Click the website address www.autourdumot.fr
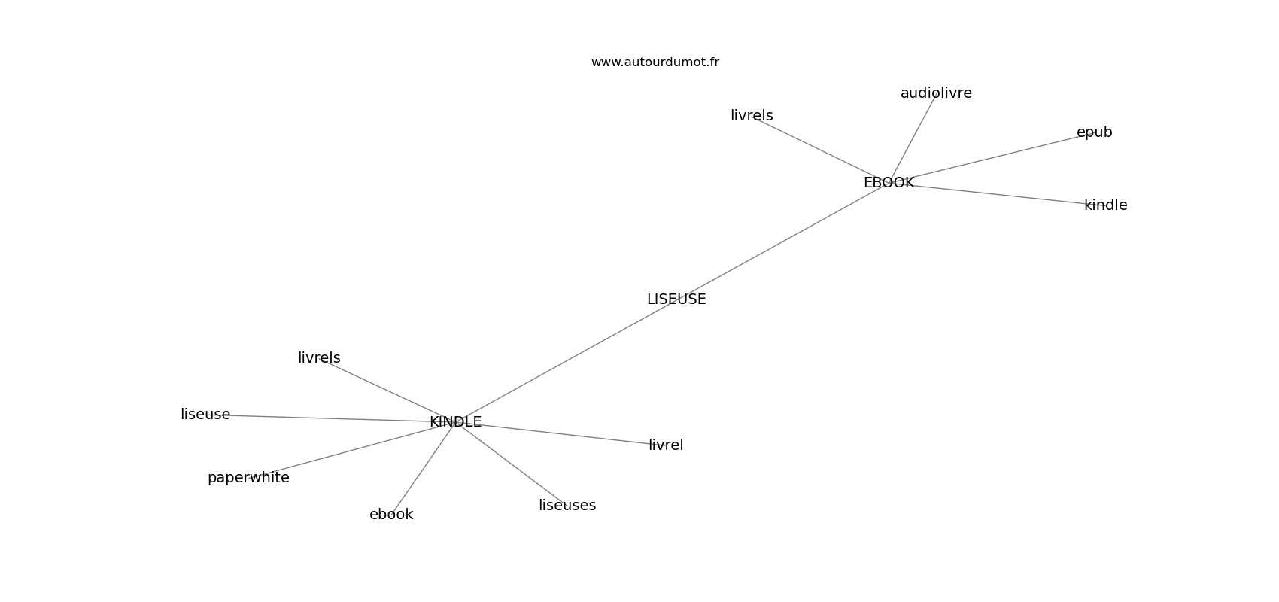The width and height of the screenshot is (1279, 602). pos(655,62)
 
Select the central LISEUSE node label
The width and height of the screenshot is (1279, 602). pos(676,299)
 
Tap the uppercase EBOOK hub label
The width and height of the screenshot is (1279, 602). pos(889,183)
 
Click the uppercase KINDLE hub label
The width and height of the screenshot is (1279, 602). pos(455,422)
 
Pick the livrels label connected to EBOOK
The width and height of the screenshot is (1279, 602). pos(752,116)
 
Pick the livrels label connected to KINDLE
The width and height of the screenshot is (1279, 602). pos(319,358)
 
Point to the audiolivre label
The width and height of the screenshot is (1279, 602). pos(936,93)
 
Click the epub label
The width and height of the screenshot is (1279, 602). pos(1094,132)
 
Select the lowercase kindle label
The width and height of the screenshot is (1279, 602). pos(1105,205)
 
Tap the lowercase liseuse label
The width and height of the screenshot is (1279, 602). pos(205,415)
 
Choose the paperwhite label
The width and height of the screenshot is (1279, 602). pos(248,478)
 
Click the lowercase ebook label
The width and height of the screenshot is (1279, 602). pos(391,515)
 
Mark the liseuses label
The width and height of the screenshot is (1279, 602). pos(567,506)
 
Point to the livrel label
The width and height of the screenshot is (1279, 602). pos(666,445)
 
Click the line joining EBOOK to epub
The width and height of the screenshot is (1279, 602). pos(986,159)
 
